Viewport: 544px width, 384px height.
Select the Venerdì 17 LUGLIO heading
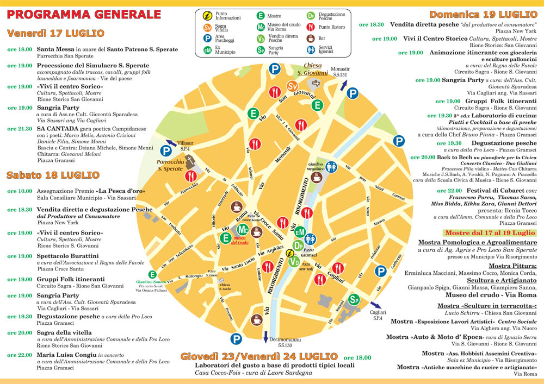pos(55,33)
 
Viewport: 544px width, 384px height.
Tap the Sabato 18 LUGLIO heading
pos(53,175)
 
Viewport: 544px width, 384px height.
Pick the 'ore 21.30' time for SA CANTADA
pos(20,129)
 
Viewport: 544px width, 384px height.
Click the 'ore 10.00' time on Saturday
pos(20,191)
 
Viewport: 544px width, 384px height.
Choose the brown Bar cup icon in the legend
pos(311,39)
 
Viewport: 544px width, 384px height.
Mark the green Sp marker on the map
pos(354,299)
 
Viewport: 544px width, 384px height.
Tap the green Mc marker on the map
pos(243,230)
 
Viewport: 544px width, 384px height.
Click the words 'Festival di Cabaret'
pos(497,191)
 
